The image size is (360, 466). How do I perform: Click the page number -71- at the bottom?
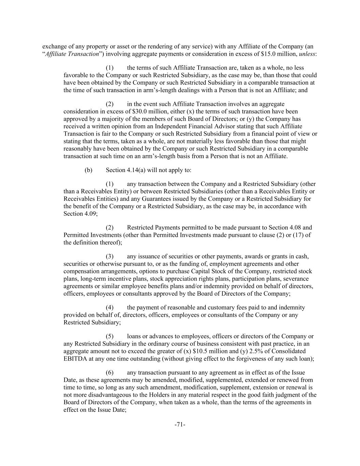click(180, 425)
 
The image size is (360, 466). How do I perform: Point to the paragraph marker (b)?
click(88, 170)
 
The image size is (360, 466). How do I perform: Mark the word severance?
click(296, 279)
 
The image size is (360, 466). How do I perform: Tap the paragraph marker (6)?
click(110, 373)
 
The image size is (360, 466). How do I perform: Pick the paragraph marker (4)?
click(110, 308)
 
